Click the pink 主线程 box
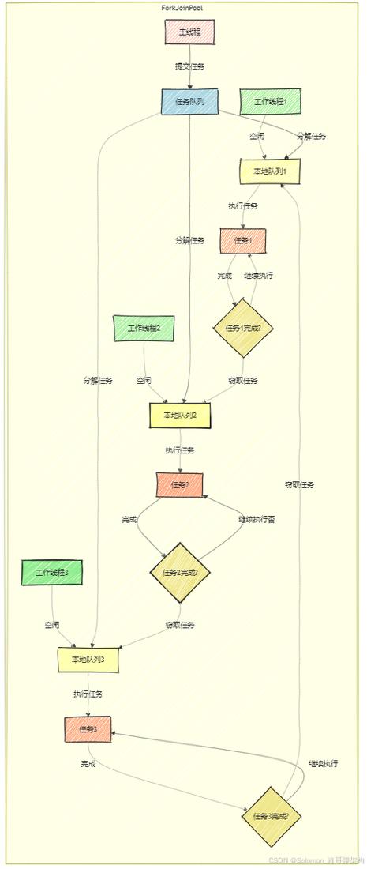(x=189, y=32)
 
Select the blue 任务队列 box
(x=189, y=102)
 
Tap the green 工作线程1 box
(x=270, y=102)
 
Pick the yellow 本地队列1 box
(x=270, y=171)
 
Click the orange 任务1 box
(x=242, y=240)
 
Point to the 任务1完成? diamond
(x=242, y=329)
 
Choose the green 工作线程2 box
(x=144, y=328)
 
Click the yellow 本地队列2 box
(x=180, y=415)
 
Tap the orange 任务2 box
(x=180, y=484)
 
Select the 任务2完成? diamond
(x=180, y=573)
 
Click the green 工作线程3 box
(x=53, y=572)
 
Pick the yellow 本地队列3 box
(x=88, y=659)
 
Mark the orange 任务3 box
(x=88, y=729)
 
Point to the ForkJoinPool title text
(x=182, y=6)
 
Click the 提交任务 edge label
(x=190, y=66)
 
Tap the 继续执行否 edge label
(x=257, y=519)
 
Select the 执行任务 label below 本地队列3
(x=88, y=694)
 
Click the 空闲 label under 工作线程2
(x=144, y=380)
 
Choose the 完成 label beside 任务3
(x=88, y=764)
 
